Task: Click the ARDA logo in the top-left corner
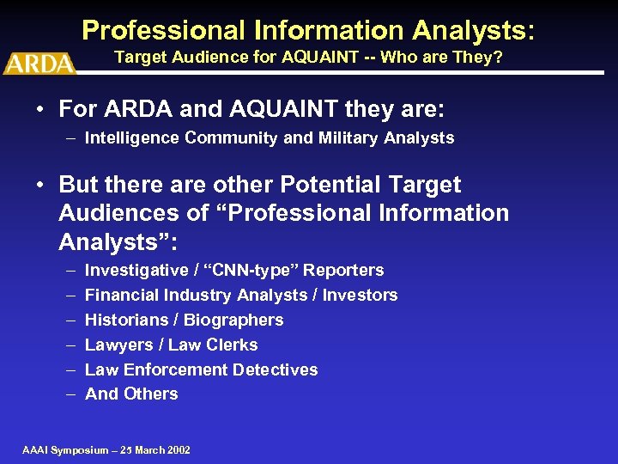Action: (39, 63)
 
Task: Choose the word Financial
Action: (120, 296)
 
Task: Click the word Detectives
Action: (277, 370)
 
